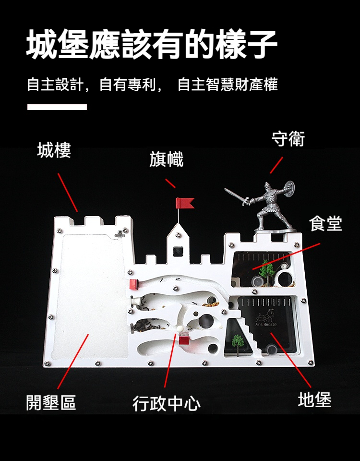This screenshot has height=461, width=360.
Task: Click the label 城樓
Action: click(54, 150)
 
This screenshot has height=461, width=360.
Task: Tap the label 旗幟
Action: click(166, 159)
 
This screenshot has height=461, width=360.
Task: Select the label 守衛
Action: click(288, 138)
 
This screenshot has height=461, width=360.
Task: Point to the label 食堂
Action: click(326, 223)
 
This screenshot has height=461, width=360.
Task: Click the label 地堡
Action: click(314, 400)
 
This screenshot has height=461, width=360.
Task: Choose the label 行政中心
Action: click(167, 403)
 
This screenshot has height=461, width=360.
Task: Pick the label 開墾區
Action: click(51, 402)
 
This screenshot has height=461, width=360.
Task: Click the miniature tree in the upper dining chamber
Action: click(265, 270)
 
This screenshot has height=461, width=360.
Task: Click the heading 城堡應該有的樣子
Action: click(152, 44)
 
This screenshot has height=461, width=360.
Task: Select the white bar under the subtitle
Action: click(57, 107)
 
